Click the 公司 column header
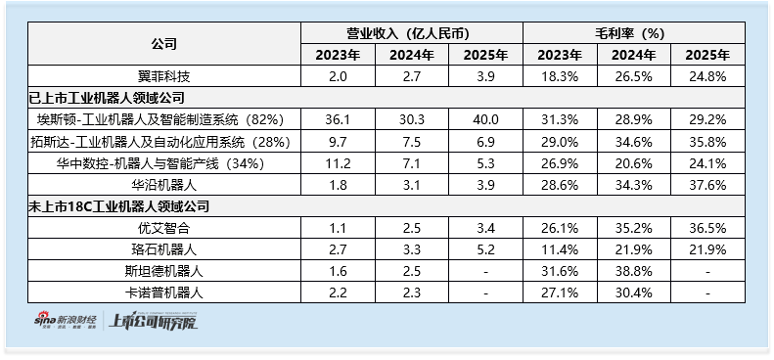click(x=163, y=43)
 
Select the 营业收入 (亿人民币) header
click(x=412, y=33)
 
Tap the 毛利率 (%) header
click(x=633, y=33)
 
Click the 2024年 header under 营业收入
click(x=412, y=55)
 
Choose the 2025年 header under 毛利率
click(x=707, y=55)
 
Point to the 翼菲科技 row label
click(x=163, y=76)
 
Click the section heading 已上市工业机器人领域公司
click(x=107, y=98)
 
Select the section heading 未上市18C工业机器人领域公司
click(x=118, y=206)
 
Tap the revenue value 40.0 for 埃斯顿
click(x=485, y=120)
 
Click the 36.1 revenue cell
click(x=339, y=120)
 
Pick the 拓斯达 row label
click(x=160, y=142)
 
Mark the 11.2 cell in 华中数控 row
click(x=339, y=163)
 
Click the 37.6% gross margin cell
click(x=707, y=185)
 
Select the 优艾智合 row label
click(x=163, y=228)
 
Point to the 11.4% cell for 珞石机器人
click(x=560, y=249)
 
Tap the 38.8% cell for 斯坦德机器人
click(x=634, y=272)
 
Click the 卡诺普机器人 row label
click(x=163, y=293)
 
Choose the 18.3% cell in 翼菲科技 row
click(x=560, y=76)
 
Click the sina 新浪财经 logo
click(x=66, y=321)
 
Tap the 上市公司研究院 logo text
click(x=154, y=321)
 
